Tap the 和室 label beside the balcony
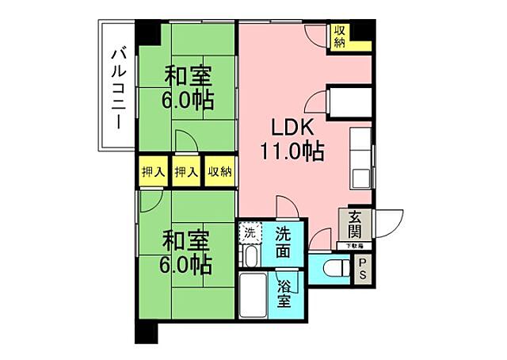187,78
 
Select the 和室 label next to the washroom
187,239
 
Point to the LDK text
294,128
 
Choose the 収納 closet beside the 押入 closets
219,172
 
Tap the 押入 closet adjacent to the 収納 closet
186,172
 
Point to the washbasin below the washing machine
249,257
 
